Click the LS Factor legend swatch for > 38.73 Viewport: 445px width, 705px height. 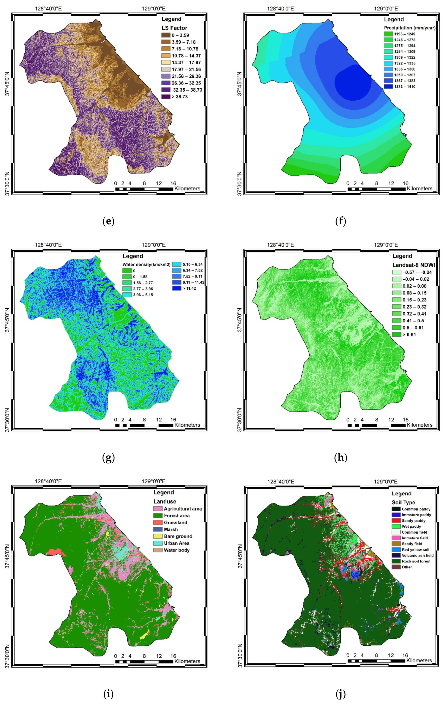point(166,97)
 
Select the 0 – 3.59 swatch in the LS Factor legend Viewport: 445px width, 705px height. point(166,35)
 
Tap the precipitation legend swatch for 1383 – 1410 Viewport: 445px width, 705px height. point(388,87)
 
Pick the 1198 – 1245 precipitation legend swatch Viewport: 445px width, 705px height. point(388,34)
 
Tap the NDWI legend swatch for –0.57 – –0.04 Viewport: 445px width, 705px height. point(397,272)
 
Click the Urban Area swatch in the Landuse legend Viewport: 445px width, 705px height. point(158,543)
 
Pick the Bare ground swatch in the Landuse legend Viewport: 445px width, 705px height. point(158,536)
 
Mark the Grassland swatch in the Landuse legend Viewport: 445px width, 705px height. point(158,522)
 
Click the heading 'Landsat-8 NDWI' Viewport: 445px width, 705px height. point(413,265)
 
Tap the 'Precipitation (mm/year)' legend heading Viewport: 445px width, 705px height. point(409,28)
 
